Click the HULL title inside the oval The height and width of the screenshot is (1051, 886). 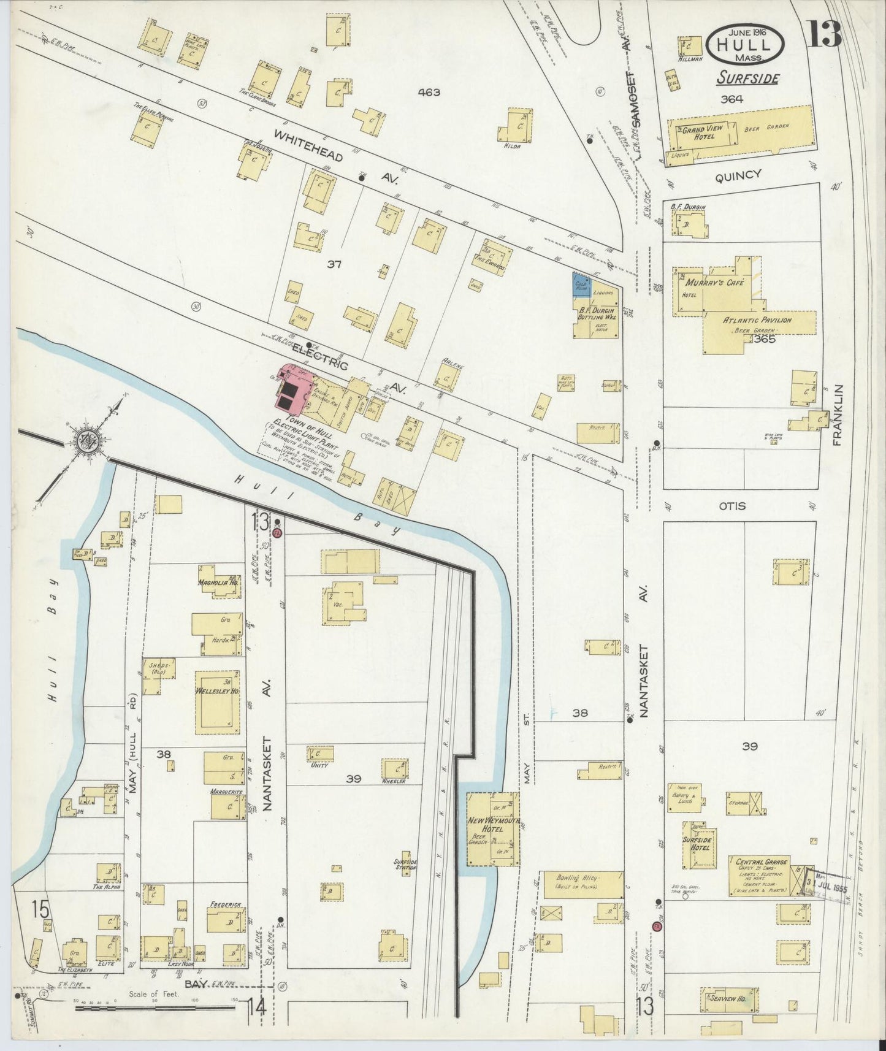[x=745, y=45]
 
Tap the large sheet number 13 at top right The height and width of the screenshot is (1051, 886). [x=823, y=34]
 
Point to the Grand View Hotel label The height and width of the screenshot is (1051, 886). [x=702, y=132]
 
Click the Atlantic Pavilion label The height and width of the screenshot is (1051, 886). [x=757, y=320]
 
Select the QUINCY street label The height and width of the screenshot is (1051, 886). [x=738, y=175]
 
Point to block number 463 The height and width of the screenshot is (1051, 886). [x=429, y=93]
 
